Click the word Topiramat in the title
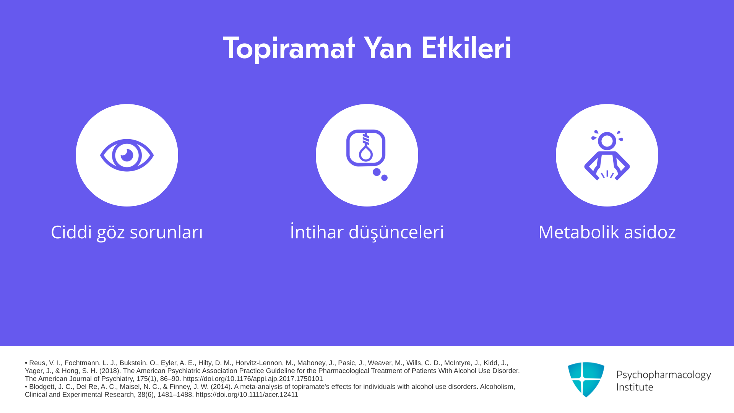coord(289,49)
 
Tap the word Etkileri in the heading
coord(466,48)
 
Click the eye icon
coord(127,155)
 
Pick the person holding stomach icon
coord(607,155)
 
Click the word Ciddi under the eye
coord(71,232)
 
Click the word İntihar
coord(317,231)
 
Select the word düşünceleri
coord(396,232)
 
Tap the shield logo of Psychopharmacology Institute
coord(586,379)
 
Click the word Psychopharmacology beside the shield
coord(664,375)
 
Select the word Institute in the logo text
coord(635,387)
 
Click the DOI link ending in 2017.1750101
coord(253,379)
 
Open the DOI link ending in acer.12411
coord(247,394)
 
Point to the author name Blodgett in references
coord(42,387)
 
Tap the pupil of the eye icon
coord(127,155)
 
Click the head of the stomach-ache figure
coord(607,141)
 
